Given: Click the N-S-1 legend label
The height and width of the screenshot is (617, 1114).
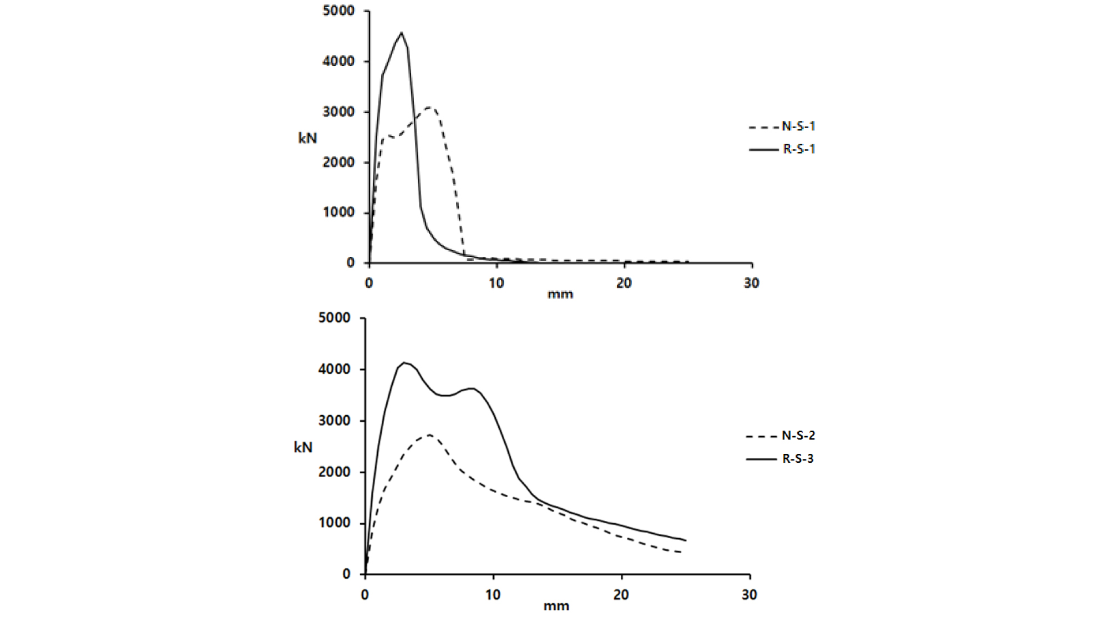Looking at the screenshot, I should pyautogui.click(x=798, y=127).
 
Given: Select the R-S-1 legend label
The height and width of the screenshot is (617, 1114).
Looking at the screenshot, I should pyautogui.click(x=799, y=149).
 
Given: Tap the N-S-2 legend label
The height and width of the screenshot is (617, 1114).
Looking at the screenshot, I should pyautogui.click(x=798, y=436).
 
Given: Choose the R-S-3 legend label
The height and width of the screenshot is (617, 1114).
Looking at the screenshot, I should pyautogui.click(x=798, y=459).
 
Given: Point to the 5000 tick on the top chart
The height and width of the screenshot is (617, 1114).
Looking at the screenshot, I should pyautogui.click(x=338, y=11).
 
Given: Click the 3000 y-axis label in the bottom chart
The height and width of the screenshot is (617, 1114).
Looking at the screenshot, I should pyautogui.click(x=334, y=421).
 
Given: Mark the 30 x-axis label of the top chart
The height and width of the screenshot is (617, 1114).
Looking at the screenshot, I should pyautogui.click(x=751, y=283).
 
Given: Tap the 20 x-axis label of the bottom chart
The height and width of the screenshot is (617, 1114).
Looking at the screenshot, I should pyautogui.click(x=621, y=595).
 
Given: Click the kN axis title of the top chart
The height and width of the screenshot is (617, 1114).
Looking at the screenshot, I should pyautogui.click(x=307, y=138).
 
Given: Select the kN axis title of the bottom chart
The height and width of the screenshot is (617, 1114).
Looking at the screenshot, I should pyautogui.click(x=303, y=447).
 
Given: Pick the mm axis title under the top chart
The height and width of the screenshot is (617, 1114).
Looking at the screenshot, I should pyautogui.click(x=560, y=294).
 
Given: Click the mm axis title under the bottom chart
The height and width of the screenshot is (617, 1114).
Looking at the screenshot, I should pyautogui.click(x=556, y=606).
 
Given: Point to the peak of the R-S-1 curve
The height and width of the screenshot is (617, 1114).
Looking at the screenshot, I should pyautogui.click(x=401, y=33).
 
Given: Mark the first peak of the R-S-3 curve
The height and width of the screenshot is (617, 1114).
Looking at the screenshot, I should pyautogui.click(x=404, y=363).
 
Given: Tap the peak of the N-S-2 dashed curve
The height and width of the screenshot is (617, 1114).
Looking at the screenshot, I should pyautogui.click(x=429, y=434).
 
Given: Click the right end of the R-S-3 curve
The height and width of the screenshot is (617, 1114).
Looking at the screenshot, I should pyautogui.click(x=686, y=540).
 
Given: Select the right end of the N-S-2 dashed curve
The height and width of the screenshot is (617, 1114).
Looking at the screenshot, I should pyautogui.click(x=681, y=553).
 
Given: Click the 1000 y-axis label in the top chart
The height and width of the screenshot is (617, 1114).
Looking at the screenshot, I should pyautogui.click(x=338, y=213).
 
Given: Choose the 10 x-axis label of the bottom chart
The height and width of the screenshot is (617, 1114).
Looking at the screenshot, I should pyautogui.click(x=493, y=595).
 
